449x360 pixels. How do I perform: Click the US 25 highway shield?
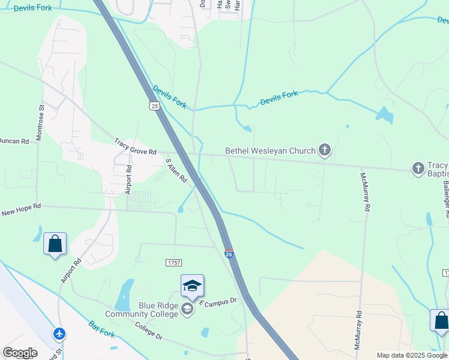(155, 106)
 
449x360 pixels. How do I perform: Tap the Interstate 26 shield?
(229, 254)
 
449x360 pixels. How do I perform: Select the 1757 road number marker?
(173, 263)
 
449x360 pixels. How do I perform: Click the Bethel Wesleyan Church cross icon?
(325, 150)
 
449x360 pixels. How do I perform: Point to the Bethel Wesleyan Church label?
(270, 151)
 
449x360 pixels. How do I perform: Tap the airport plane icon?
(59, 333)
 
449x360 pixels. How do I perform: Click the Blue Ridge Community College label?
(142, 309)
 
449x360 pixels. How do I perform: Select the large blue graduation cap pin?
(192, 286)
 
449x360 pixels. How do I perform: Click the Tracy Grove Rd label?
(135, 147)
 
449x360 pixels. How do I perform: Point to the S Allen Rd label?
(176, 170)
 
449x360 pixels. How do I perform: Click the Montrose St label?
(41, 123)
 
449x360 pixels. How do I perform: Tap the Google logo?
(19, 353)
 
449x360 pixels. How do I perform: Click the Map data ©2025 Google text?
(412, 355)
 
